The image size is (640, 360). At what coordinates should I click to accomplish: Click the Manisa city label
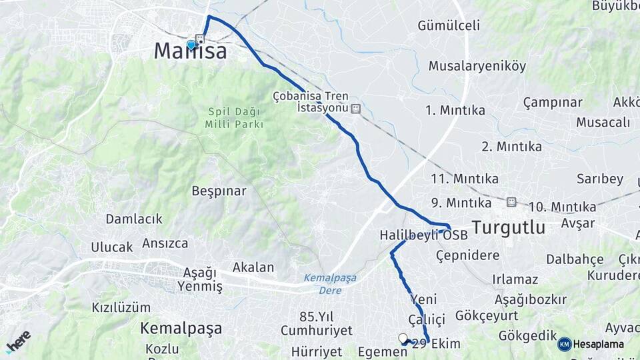tap(190, 52)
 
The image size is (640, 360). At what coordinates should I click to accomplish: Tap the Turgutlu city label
tap(509, 227)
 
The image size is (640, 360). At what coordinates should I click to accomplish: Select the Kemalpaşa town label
tap(181, 329)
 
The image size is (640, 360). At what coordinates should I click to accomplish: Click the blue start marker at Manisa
tap(191, 45)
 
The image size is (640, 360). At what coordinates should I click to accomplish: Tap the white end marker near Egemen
tap(403, 338)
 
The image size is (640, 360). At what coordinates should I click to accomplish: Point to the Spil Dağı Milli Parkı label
tap(235, 118)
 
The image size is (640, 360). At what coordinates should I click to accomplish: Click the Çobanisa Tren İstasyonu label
tap(311, 102)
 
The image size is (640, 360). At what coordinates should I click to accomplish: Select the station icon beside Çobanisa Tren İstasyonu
tap(356, 108)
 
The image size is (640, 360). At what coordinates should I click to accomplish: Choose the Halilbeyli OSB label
tap(423, 236)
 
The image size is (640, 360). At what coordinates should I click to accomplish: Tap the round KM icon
tap(565, 345)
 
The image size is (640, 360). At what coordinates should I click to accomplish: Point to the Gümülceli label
tap(449, 26)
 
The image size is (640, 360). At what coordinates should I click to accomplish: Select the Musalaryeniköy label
tap(477, 66)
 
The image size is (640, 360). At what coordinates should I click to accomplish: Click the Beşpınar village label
tap(219, 191)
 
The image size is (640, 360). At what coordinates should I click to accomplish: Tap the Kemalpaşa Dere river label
tap(330, 283)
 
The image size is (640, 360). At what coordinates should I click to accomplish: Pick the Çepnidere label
tap(467, 256)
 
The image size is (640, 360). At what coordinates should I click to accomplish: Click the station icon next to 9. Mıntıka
tap(511, 202)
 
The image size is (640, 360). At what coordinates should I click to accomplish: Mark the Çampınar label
tap(553, 103)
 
